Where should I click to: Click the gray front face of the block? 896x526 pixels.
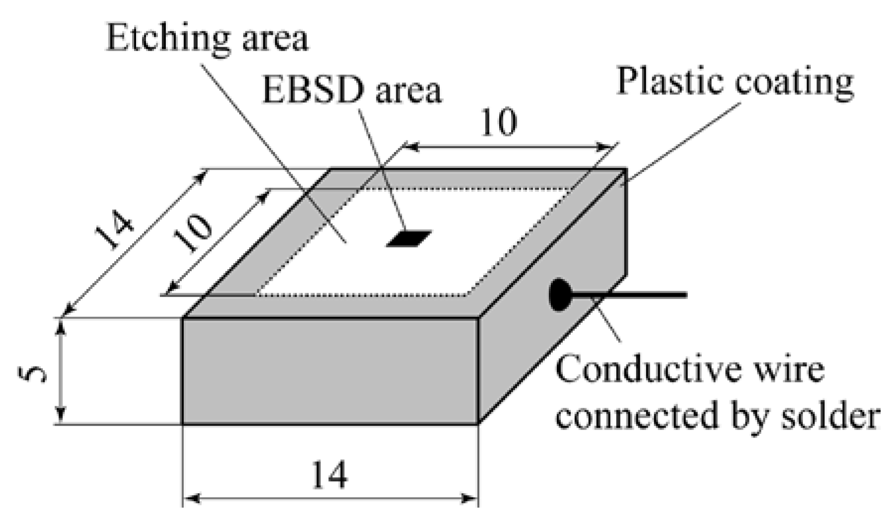(330, 371)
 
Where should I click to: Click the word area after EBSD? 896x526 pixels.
(407, 91)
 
